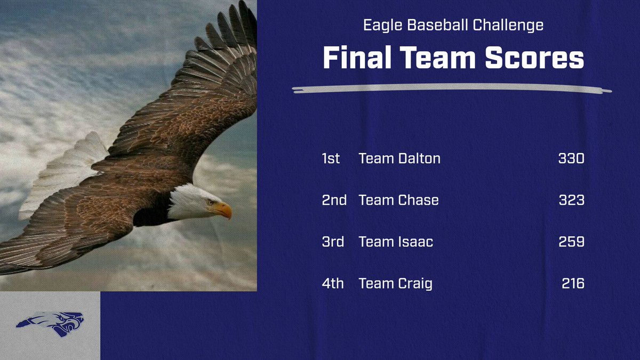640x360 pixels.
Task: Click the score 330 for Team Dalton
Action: (x=571, y=158)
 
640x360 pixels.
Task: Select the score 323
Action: (x=571, y=200)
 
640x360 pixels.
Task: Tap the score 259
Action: (x=571, y=242)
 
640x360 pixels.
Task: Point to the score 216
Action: (x=573, y=283)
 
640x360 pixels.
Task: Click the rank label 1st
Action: (x=331, y=158)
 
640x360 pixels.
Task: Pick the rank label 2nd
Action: (x=334, y=200)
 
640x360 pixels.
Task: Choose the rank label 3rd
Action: (x=333, y=242)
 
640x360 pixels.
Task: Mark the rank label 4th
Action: (x=333, y=283)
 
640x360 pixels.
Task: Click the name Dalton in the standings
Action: (x=419, y=158)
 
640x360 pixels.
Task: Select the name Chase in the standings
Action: (x=418, y=200)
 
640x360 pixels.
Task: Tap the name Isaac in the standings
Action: (x=415, y=242)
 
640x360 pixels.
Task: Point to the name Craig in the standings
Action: (x=415, y=283)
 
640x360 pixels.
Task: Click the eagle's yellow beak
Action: (x=225, y=210)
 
